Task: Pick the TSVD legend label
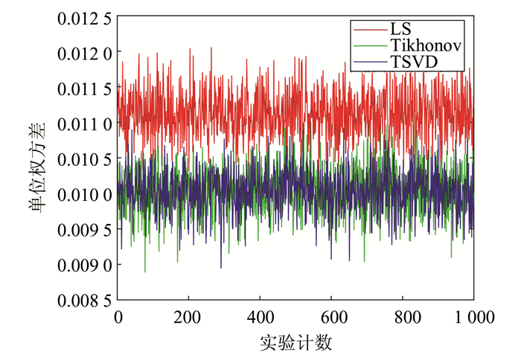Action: [412, 62]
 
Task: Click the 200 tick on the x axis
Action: [188, 317]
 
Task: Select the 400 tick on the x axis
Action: [260, 317]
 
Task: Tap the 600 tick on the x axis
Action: [331, 317]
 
